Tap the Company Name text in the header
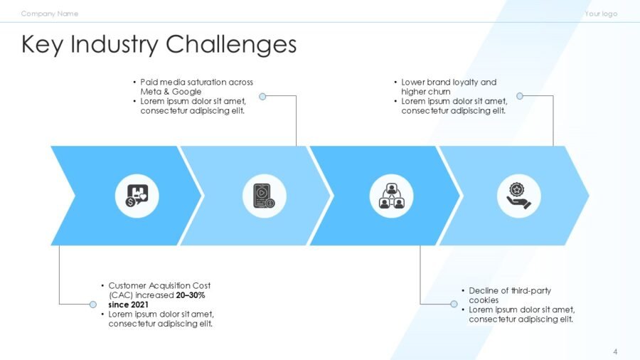point(50,14)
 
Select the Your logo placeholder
point(601,14)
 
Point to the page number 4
point(615,351)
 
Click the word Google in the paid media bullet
point(188,92)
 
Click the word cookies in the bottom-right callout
point(484,300)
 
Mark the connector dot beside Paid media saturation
point(262,96)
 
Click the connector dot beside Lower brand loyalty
point(520,96)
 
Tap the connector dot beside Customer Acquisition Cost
point(93,304)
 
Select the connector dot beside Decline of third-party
point(454,304)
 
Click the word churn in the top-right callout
point(439,92)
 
